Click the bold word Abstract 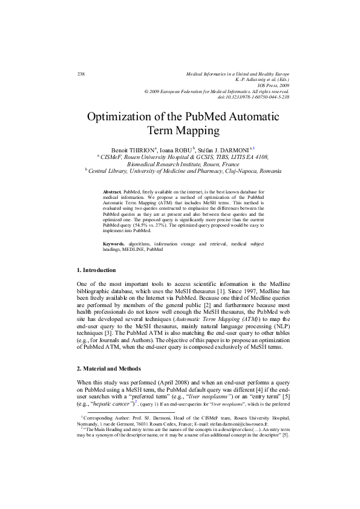click(113, 190)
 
